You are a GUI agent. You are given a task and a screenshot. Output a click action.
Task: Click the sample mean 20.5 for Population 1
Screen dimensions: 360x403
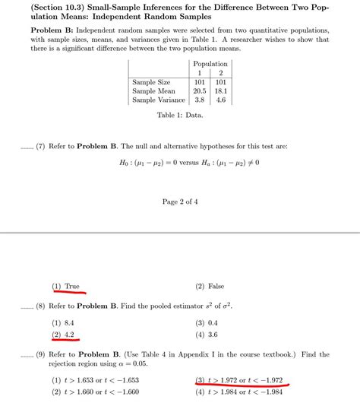tap(201, 90)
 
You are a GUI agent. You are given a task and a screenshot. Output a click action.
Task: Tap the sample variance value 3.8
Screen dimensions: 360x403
tap(201, 99)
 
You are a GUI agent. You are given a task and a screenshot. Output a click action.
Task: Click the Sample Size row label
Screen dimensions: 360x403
tap(151, 81)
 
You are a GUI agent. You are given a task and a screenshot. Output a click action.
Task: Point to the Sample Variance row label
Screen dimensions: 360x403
tap(158, 99)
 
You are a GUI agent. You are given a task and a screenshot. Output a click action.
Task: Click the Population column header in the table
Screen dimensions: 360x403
tap(210, 63)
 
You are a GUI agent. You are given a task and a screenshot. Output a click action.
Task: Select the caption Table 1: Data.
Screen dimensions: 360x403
tap(180, 115)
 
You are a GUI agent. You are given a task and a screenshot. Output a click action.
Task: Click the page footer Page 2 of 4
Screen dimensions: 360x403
tap(180, 201)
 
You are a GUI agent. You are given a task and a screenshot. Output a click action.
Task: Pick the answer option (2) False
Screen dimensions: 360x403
tap(210, 286)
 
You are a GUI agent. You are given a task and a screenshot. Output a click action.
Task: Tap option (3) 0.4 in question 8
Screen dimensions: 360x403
tap(207, 322)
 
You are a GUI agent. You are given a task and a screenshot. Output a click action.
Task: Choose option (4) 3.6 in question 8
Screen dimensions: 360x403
tap(207, 335)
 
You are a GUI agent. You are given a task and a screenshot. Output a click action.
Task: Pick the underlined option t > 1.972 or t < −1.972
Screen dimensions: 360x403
tap(240, 379)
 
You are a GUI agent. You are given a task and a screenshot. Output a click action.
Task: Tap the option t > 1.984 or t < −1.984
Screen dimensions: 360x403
tap(240, 392)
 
